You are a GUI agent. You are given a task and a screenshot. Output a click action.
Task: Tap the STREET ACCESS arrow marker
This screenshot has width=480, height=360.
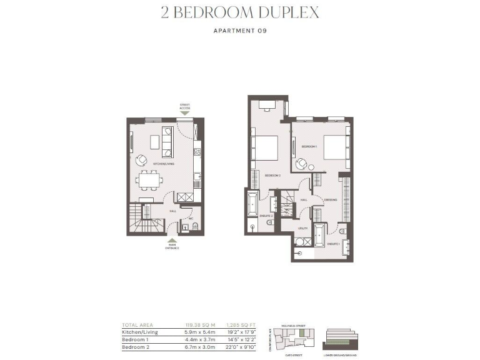[185, 113]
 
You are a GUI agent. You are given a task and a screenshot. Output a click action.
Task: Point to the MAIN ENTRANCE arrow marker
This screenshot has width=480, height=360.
[172, 240]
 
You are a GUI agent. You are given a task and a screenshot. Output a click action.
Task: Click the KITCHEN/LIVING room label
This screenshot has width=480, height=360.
[163, 164]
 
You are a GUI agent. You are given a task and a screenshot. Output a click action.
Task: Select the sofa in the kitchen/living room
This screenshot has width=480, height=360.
[167, 142]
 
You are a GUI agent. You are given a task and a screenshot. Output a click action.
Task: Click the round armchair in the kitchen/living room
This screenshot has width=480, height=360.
[142, 160]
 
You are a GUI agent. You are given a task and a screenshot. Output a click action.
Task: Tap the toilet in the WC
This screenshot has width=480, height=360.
[194, 226]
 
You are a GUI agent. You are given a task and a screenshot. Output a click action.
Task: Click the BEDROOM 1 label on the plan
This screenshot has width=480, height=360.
[309, 146]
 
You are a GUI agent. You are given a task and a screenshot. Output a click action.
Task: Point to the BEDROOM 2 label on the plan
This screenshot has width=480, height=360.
[272, 176]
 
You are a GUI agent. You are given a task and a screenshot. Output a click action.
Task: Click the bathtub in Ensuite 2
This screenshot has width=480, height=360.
[252, 204]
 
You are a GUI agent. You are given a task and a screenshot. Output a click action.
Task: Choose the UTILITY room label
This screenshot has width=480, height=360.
[302, 229]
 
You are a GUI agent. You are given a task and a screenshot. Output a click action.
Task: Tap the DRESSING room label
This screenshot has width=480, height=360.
[331, 200]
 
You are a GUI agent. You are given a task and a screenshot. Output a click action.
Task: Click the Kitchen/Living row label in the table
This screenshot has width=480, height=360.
[140, 332]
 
